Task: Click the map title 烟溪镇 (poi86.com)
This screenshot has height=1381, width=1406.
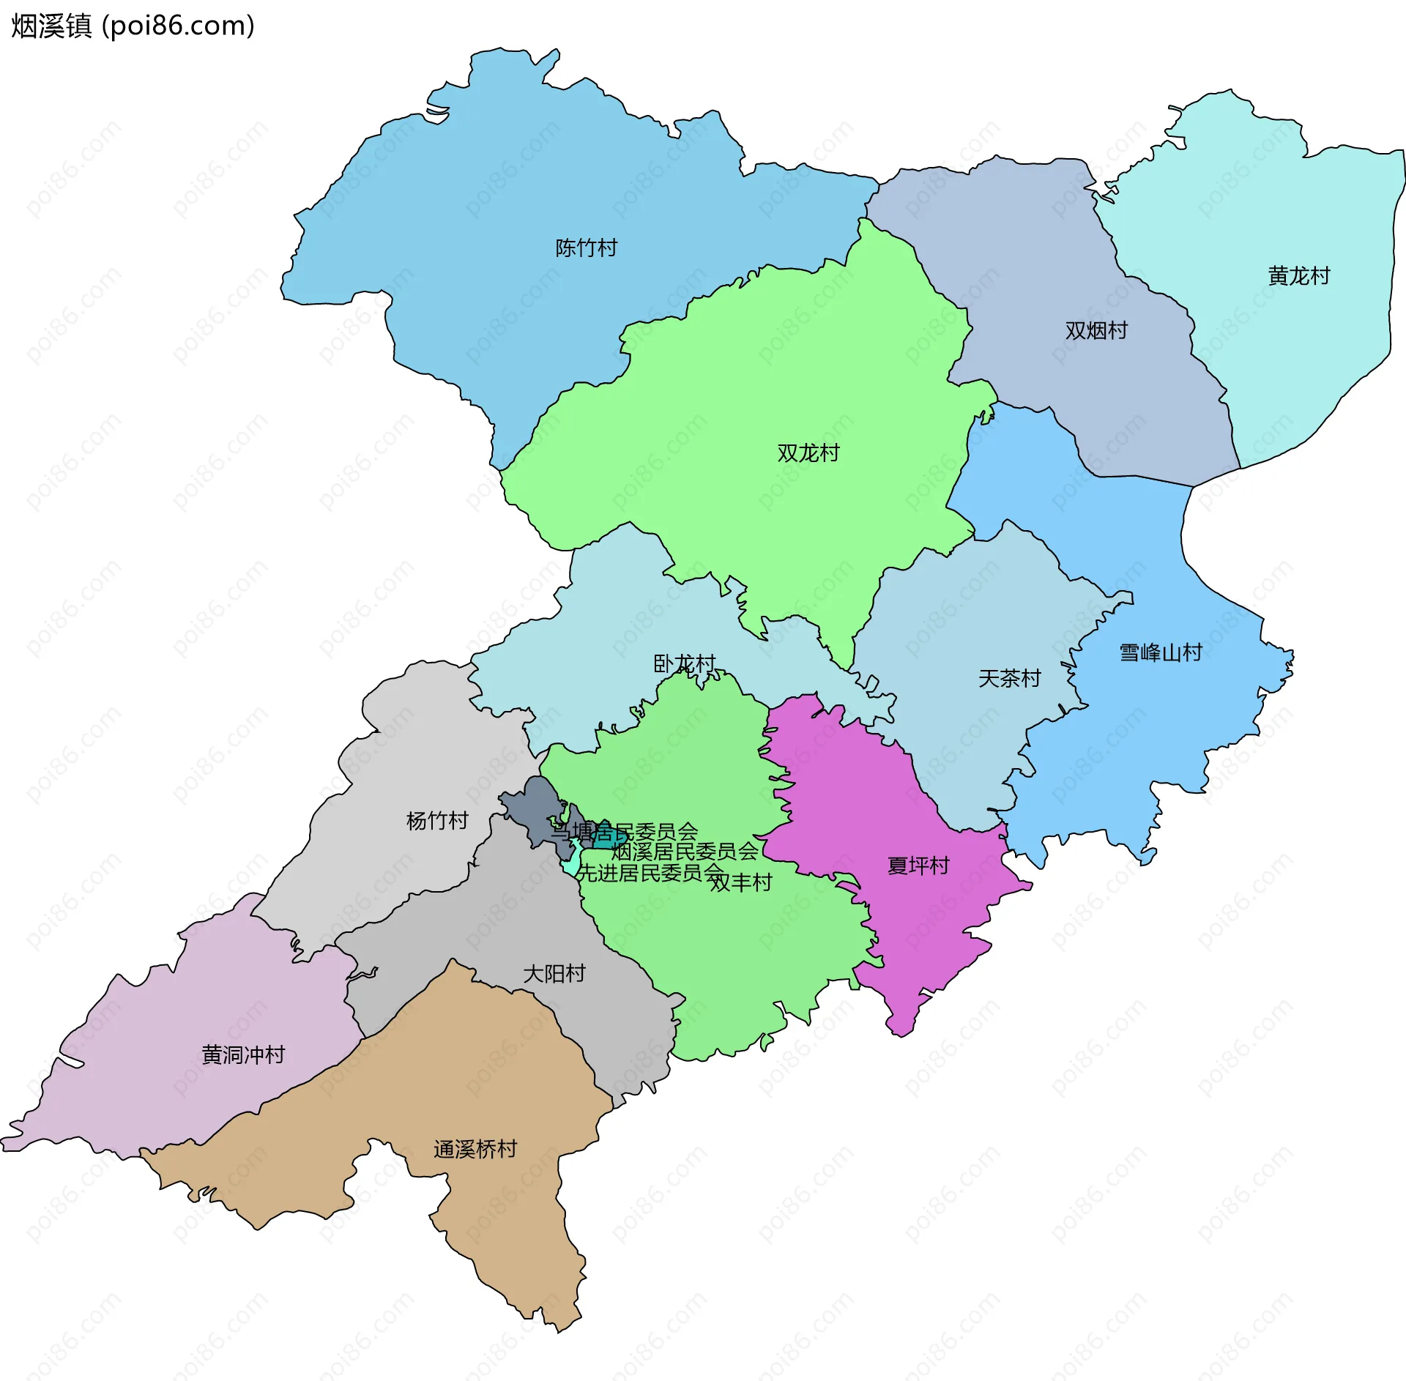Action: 132,26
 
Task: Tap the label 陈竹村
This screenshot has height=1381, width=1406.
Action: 586,248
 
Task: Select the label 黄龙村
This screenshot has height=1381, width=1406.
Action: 1298,276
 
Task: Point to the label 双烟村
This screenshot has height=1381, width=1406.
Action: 1096,331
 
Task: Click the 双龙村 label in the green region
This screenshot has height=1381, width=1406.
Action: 808,453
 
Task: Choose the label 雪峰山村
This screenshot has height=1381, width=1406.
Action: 1161,652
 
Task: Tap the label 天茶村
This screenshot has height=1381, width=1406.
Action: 1009,679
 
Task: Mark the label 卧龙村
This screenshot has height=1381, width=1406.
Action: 684,664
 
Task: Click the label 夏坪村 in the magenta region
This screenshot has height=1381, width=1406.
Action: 918,866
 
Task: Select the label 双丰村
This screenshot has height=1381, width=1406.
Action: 740,883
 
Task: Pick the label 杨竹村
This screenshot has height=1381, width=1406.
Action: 437,821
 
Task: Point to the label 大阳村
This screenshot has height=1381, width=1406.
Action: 554,974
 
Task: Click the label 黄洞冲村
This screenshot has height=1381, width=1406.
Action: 243,1055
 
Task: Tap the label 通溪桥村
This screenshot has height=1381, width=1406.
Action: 475,1150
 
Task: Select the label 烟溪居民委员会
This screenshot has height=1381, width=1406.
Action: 684,852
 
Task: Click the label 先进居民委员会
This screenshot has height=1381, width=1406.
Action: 649,873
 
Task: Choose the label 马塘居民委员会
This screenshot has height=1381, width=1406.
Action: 625,833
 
